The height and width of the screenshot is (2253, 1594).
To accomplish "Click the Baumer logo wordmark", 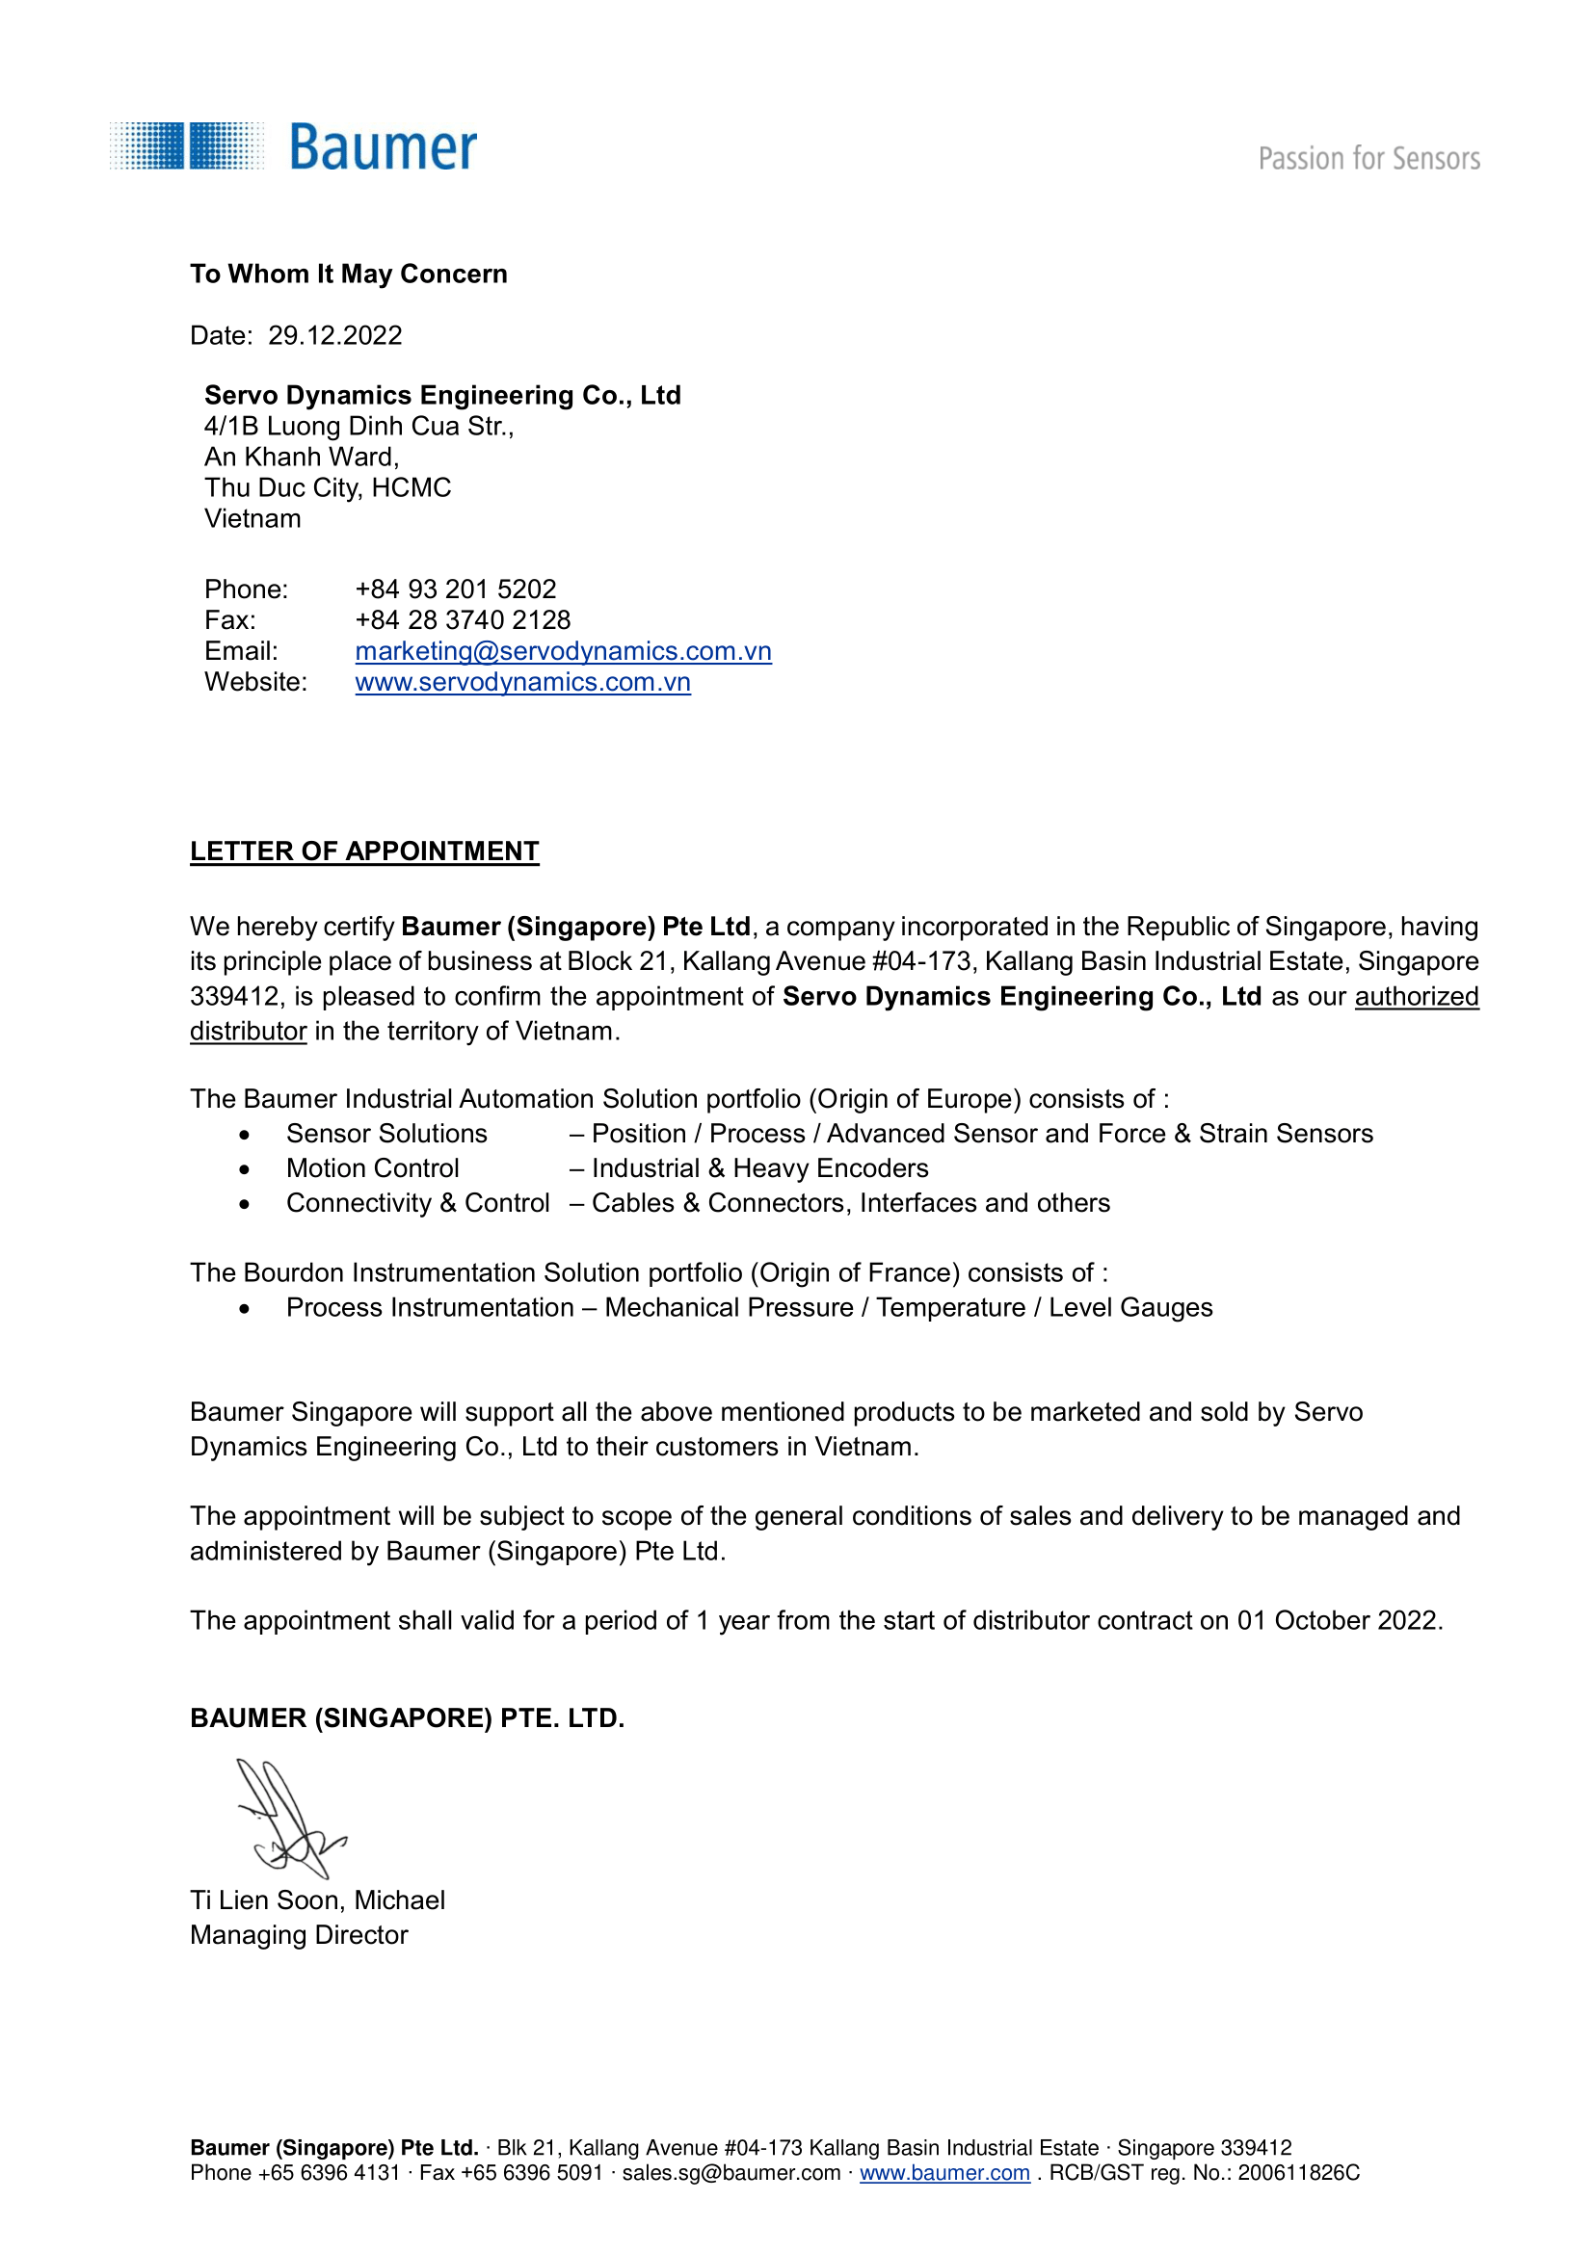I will click(x=383, y=148).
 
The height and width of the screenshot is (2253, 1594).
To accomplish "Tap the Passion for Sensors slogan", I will click(x=1368, y=159).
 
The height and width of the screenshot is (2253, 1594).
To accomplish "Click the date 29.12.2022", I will click(x=334, y=335).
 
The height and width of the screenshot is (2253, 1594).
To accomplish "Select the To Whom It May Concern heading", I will click(x=349, y=274).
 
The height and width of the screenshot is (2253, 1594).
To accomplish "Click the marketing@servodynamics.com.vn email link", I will click(x=563, y=650).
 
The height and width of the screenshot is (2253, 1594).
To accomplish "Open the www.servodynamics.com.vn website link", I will click(x=522, y=682).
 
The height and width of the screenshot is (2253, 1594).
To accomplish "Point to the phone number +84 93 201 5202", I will click(x=456, y=589).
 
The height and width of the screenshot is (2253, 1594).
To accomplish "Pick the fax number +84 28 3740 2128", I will click(x=463, y=620).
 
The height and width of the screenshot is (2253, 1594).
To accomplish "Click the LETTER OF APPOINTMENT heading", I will click(x=364, y=851).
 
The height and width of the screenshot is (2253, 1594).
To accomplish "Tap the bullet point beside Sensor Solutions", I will click(x=245, y=1136).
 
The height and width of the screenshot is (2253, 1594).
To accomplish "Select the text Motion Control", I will click(x=372, y=1167).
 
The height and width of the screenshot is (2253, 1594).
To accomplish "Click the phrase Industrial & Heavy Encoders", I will click(x=759, y=1167).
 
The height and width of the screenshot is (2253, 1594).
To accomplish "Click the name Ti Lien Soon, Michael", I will click(x=317, y=1899).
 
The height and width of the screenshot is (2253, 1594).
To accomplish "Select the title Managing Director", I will click(x=299, y=1934).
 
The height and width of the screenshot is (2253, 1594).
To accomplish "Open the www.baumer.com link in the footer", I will click(x=944, y=2172).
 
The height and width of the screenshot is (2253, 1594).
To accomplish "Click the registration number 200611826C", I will click(x=1297, y=2172).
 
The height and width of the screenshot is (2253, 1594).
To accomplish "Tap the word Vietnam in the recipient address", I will click(x=252, y=518).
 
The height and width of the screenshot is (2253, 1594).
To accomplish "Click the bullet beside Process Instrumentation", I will click(x=245, y=1309).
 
